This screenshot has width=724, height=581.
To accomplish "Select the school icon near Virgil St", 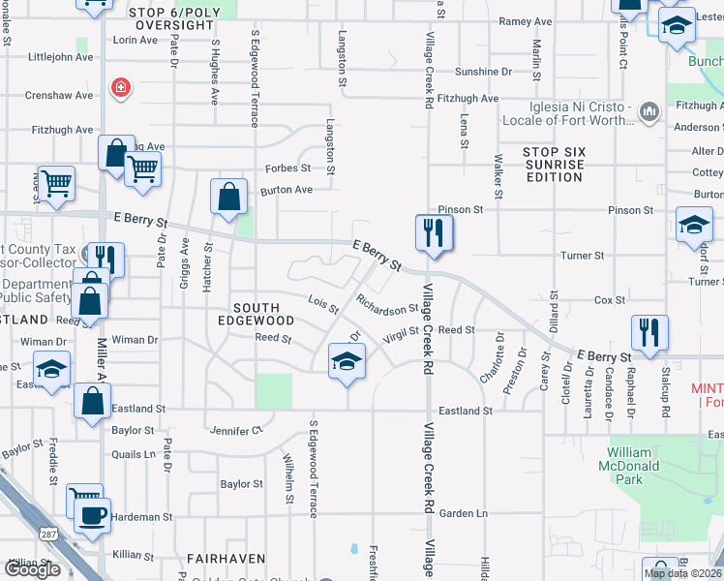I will point(347,363).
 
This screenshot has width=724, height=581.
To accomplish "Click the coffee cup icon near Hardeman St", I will point(92,515).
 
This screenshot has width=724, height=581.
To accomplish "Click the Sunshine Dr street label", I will point(483,72).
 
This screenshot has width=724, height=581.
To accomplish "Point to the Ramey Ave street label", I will point(525,20).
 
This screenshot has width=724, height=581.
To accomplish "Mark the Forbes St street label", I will point(287,168).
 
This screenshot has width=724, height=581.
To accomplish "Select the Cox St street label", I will point(609,300).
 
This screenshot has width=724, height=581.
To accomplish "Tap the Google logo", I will point(32,569).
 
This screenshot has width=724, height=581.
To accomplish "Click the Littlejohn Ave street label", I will point(61,57).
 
